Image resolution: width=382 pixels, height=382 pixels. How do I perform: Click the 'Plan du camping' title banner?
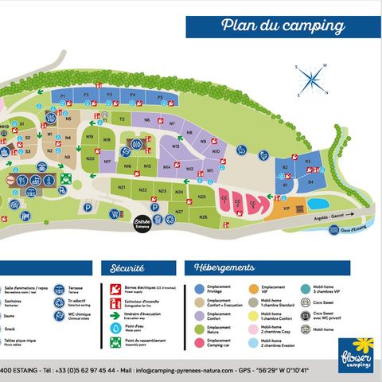(283, 25)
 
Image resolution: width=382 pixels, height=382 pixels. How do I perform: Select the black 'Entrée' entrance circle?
(142, 224)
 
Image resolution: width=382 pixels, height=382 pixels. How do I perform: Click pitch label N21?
(122, 187)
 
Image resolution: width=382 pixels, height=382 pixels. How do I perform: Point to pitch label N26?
(203, 216)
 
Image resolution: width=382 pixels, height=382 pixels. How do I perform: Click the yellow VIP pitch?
(279, 209)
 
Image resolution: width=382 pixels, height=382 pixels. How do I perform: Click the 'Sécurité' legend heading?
(127, 269)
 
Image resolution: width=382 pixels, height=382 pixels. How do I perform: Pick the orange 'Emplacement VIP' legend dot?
(253, 289)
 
